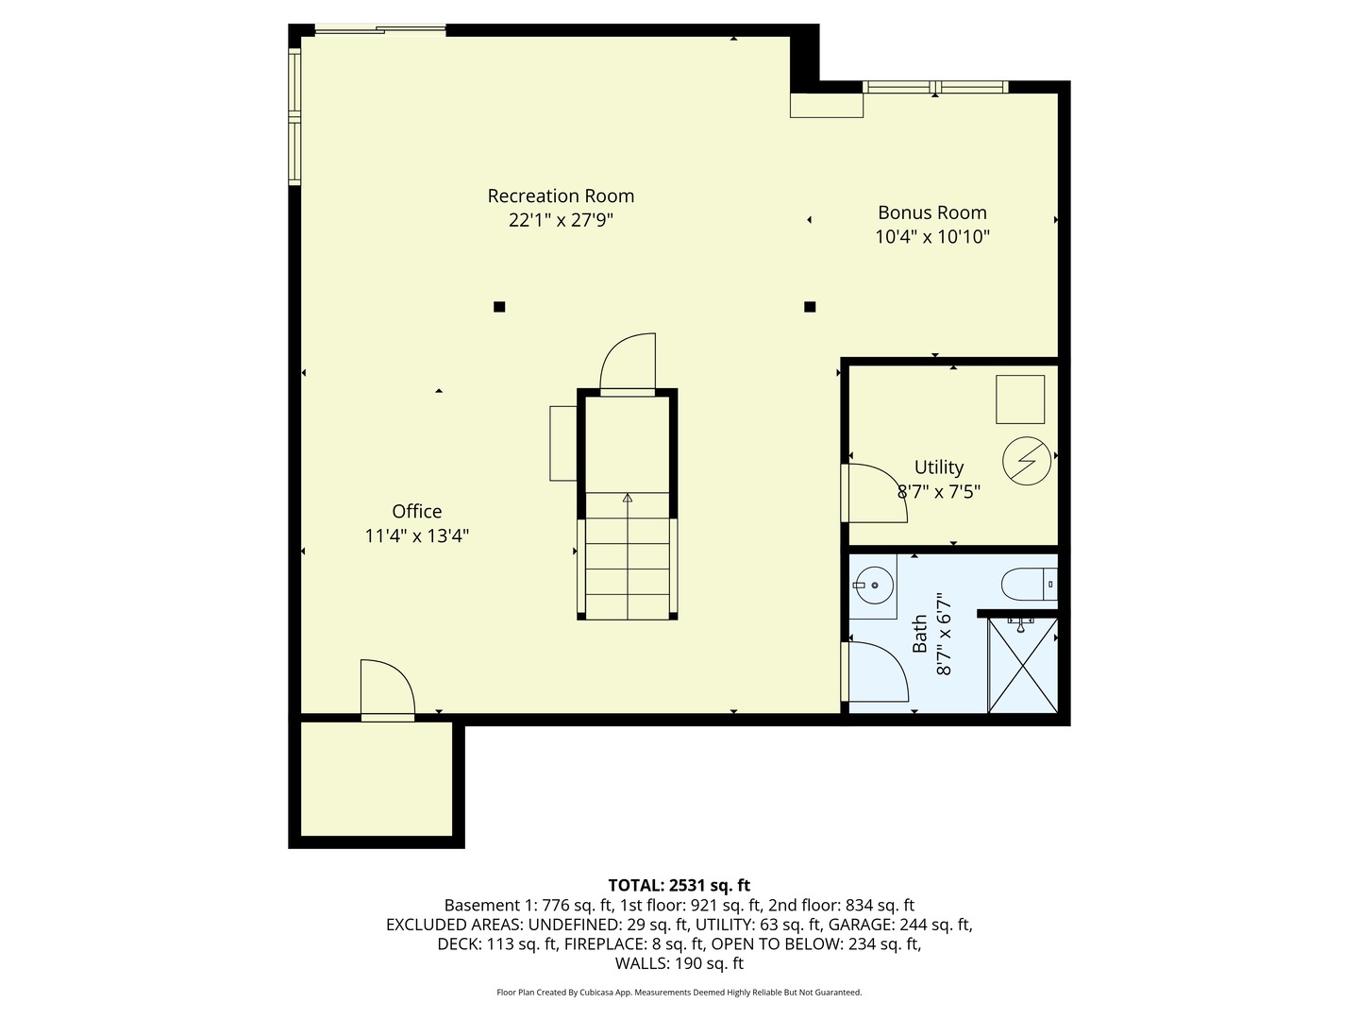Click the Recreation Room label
[561, 196]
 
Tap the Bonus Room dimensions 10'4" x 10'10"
[931, 237]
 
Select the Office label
[416, 512]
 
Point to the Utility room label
[938, 467]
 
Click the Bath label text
[920, 635]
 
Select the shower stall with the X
[1022, 665]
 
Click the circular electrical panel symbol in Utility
[1026, 462]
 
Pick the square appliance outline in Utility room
[1020, 399]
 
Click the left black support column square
[499, 306]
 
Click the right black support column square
[809, 306]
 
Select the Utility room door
[875, 492]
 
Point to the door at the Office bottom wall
[386, 690]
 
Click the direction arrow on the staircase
[628, 497]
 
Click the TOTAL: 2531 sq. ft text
[679, 885]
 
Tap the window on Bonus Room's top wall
[935, 88]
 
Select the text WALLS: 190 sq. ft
[679, 963]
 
